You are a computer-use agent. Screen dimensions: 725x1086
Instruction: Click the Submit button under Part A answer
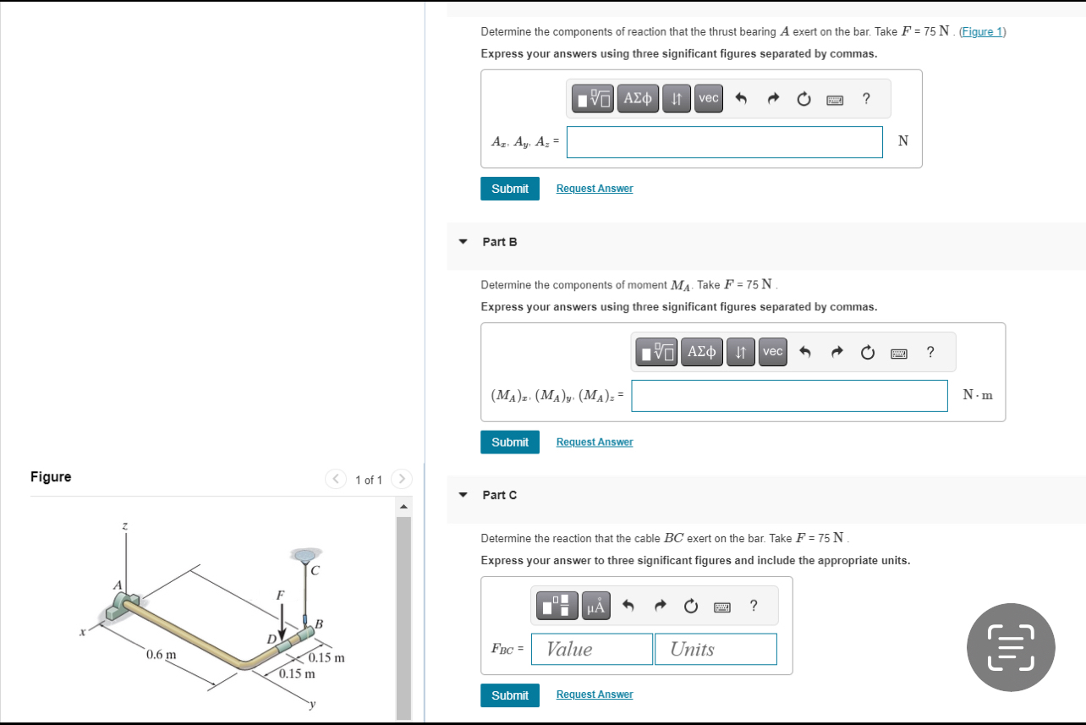click(509, 189)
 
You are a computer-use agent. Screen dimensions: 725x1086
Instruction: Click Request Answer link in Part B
click(594, 442)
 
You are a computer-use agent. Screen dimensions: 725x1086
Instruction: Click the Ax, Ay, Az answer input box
click(724, 141)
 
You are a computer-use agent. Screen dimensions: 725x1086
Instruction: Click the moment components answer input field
click(788, 395)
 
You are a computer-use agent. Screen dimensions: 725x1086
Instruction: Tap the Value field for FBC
click(591, 649)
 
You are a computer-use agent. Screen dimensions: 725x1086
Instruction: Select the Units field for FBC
click(715, 649)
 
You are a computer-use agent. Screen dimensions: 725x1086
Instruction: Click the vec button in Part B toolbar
click(772, 351)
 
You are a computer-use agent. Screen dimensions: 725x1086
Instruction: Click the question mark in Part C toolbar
click(753, 606)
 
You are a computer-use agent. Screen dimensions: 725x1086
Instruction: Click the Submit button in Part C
click(509, 695)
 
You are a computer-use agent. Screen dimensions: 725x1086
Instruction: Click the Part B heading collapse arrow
click(463, 242)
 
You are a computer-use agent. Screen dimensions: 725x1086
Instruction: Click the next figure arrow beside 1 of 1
click(402, 480)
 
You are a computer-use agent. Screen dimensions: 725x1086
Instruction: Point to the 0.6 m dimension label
click(162, 655)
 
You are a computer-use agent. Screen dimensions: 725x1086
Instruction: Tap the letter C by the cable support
click(314, 572)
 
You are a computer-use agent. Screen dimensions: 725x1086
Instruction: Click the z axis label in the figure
click(125, 527)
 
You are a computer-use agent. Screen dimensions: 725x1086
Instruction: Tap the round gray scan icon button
click(1011, 647)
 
